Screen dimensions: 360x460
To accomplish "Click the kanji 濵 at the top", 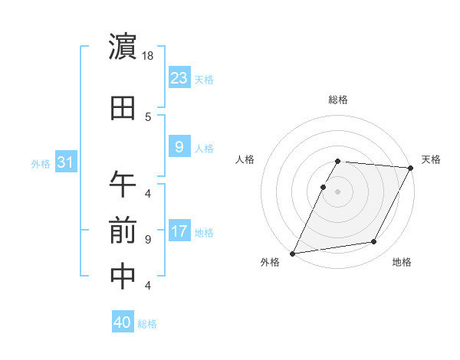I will (x=123, y=47).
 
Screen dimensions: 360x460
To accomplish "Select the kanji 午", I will (x=123, y=183).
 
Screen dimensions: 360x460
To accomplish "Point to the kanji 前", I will (x=123, y=230).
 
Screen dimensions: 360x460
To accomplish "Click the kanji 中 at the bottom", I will (x=123, y=277).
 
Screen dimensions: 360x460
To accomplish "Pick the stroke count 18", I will (x=149, y=56).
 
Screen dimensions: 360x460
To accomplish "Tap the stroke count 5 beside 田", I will (x=148, y=116).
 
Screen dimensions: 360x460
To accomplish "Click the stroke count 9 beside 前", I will (x=148, y=239).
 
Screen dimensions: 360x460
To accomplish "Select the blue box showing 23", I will (x=179, y=77).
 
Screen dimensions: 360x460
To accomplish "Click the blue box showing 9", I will (x=179, y=148).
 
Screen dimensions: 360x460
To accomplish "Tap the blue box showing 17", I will (x=179, y=232).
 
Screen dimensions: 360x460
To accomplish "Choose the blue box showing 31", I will (x=65, y=162).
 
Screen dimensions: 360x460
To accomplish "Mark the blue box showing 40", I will (x=122, y=322).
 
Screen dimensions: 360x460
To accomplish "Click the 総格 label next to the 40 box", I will (x=147, y=324).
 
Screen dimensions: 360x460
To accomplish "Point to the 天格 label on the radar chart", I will (x=431, y=159).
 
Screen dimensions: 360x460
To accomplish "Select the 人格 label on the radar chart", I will (x=245, y=159).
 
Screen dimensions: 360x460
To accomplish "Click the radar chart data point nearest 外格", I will (x=292, y=253).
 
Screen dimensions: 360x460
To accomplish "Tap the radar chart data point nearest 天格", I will (x=411, y=168).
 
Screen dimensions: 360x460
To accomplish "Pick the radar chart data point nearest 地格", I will (x=374, y=242).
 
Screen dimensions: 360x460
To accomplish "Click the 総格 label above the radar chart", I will (x=338, y=100).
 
